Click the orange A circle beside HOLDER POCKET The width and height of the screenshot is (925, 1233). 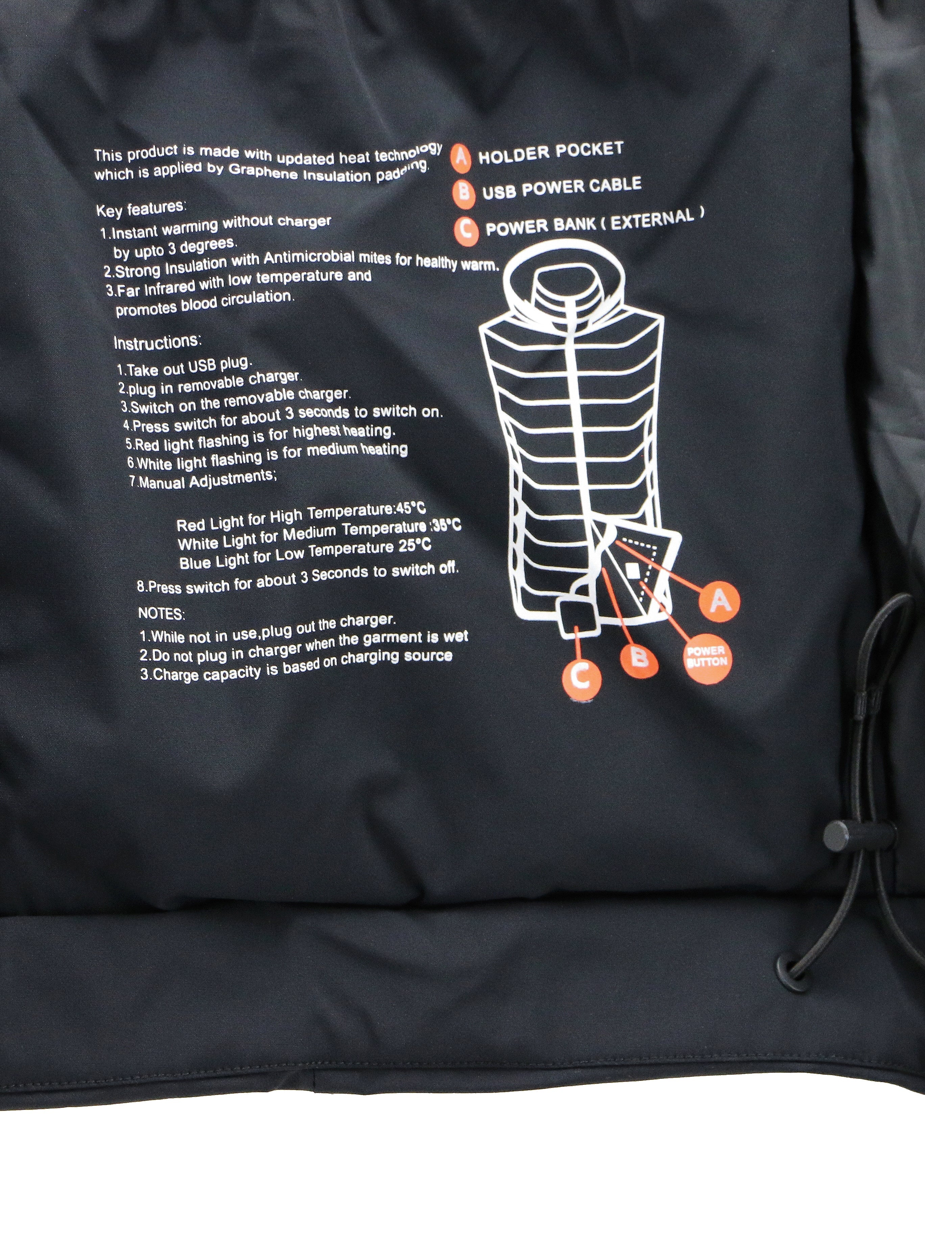coord(460,157)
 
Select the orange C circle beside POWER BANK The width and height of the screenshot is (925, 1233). coord(466,229)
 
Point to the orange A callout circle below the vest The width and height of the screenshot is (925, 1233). coord(719,601)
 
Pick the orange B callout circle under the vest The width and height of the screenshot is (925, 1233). coord(639,658)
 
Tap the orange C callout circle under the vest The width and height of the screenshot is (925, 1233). coord(582,677)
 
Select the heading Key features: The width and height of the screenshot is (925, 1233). coord(141,209)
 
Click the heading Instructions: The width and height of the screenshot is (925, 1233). coord(158,342)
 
